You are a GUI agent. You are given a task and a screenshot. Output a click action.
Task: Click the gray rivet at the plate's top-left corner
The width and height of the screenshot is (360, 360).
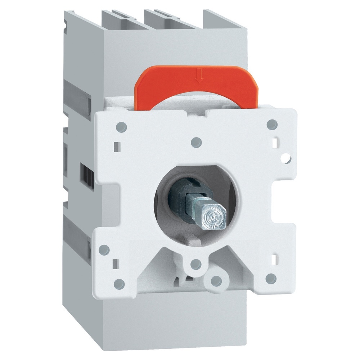pos(122,126)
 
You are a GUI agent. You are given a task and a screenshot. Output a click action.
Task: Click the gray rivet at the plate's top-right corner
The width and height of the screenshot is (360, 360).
pos(273,124)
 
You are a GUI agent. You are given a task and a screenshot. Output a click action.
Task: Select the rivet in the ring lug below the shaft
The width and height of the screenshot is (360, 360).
pos(195,264)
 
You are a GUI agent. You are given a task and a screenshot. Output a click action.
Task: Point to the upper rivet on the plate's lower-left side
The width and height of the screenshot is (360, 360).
pos(104,249)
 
